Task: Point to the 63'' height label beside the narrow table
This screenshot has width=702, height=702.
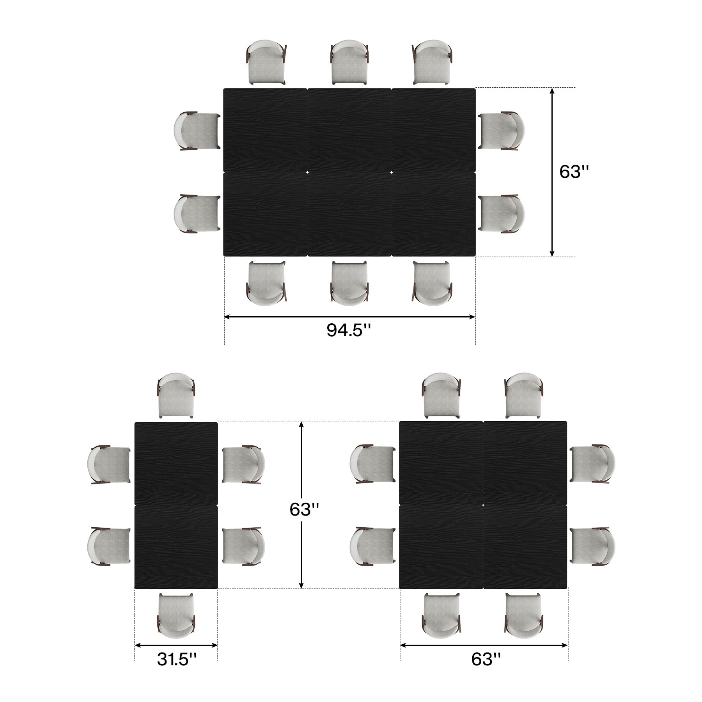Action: point(304,509)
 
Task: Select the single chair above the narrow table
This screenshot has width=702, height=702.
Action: point(176,396)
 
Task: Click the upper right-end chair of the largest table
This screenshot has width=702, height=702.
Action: point(502,131)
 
